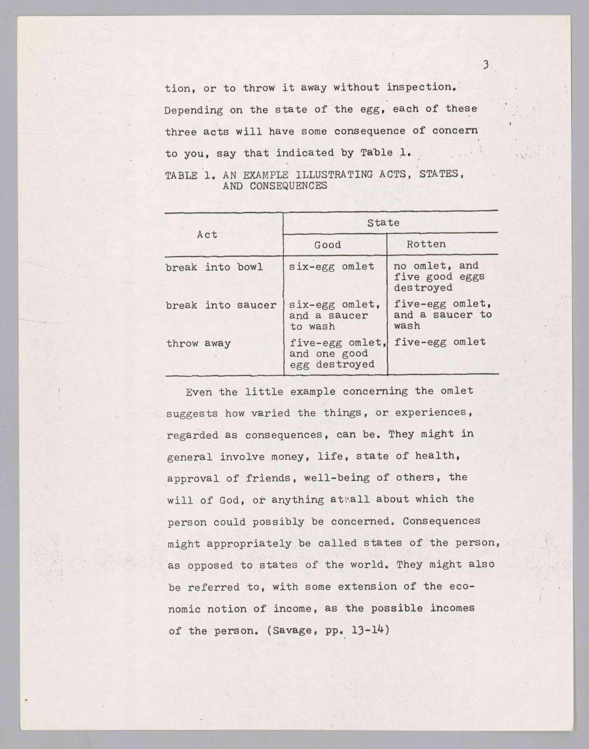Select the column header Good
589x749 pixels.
pos(327,245)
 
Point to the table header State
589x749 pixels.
pos(383,223)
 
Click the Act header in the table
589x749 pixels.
pos(207,235)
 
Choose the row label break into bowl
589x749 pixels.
pos(214,267)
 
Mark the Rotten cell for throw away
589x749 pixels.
pos(440,342)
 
